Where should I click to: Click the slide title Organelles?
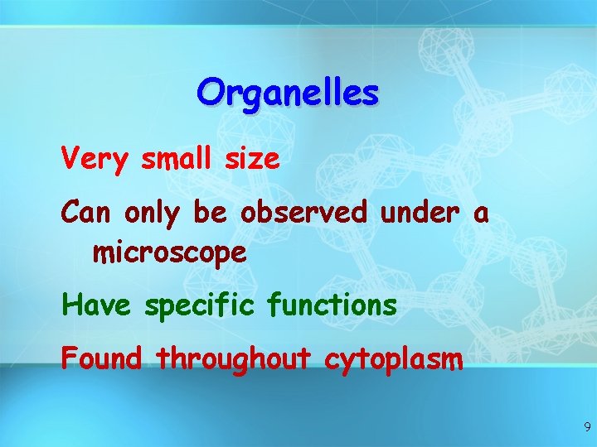pyautogui.click(x=288, y=94)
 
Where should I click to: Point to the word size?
pyautogui.click(x=254, y=157)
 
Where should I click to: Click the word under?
pyautogui.click(x=418, y=213)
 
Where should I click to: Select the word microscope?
pyautogui.click(x=170, y=252)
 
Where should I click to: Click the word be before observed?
pyautogui.click(x=209, y=213)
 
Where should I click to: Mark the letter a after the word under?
pyautogui.click(x=481, y=214)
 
